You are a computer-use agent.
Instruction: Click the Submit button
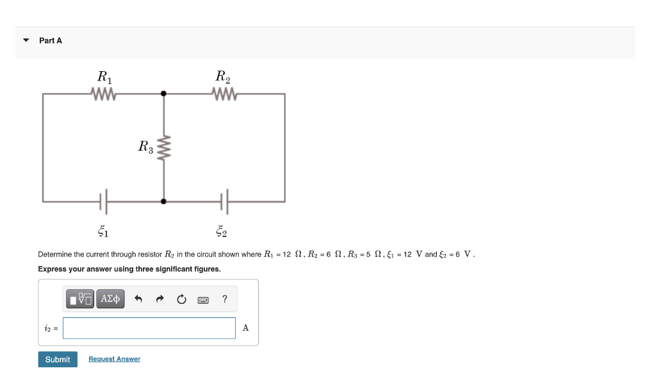coord(58,360)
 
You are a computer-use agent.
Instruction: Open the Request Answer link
coord(114,359)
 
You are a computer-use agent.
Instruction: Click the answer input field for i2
coord(149,328)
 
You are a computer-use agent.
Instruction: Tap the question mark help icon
coord(224,299)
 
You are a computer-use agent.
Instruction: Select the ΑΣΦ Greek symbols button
coord(110,299)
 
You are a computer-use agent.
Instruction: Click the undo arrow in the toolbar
coord(138,299)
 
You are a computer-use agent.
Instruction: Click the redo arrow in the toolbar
coord(160,299)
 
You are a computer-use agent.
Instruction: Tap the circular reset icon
coord(181,299)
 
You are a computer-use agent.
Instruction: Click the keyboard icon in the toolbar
coord(203,299)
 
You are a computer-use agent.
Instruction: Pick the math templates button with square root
coord(81,299)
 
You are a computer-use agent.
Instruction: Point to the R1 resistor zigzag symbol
coord(104,95)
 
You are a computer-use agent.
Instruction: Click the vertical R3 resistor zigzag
coord(164,147)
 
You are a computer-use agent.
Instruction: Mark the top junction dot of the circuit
coord(164,94)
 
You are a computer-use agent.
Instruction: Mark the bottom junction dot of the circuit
coord(164,201)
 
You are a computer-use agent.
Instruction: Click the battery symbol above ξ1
coord(104,201)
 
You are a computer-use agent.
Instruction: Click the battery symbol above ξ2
coord(224,201)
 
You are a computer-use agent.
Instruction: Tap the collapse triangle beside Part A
coord(26,40)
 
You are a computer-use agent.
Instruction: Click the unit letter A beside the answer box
coord(246,328)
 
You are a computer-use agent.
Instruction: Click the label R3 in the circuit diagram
coord(145,147)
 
